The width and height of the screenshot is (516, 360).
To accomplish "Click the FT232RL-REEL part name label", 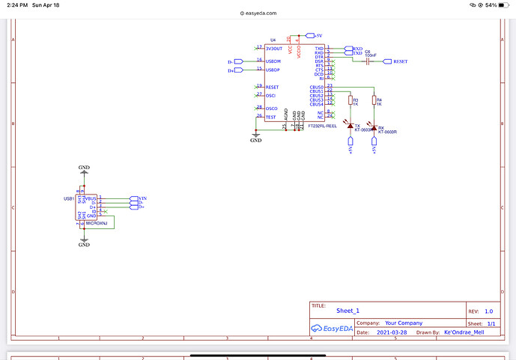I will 322,126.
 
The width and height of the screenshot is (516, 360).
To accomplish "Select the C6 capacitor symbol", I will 368,61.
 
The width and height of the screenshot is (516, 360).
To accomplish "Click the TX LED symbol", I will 350,122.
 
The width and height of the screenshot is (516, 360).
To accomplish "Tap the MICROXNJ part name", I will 97,223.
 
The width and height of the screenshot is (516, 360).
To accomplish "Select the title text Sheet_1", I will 348,310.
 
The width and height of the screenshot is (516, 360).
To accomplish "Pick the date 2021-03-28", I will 393,332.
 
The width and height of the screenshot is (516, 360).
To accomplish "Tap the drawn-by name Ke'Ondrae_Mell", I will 464,332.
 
